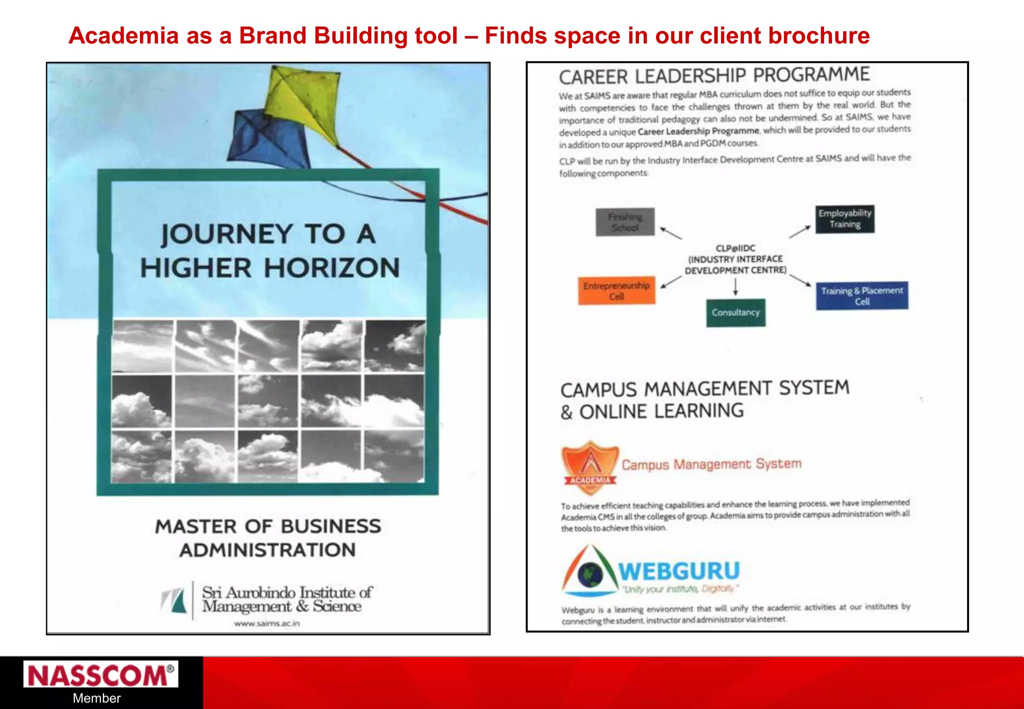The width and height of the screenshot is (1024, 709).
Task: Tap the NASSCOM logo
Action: [100, 675]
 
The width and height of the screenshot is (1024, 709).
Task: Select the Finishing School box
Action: [625, 222]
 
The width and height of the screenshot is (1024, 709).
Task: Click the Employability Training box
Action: [845, 219]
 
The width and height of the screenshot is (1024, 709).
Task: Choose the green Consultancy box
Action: [735, 313]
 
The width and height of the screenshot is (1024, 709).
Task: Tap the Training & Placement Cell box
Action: [862, 296]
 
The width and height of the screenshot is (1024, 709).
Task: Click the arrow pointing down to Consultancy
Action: [735, 287]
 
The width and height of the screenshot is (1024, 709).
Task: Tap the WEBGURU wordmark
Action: [679, 571]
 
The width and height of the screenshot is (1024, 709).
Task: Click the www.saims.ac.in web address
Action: [267, 623]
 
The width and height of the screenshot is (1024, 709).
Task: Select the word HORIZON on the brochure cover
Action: [332, 268]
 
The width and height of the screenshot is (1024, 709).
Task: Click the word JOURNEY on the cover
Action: [226, 234]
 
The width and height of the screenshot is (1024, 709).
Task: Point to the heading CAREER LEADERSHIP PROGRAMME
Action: [714, 76]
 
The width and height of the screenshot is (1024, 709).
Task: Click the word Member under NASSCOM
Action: [96, 698]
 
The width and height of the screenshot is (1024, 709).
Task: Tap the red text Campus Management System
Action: [711, 464]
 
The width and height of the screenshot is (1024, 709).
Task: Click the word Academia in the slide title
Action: [123, 36]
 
